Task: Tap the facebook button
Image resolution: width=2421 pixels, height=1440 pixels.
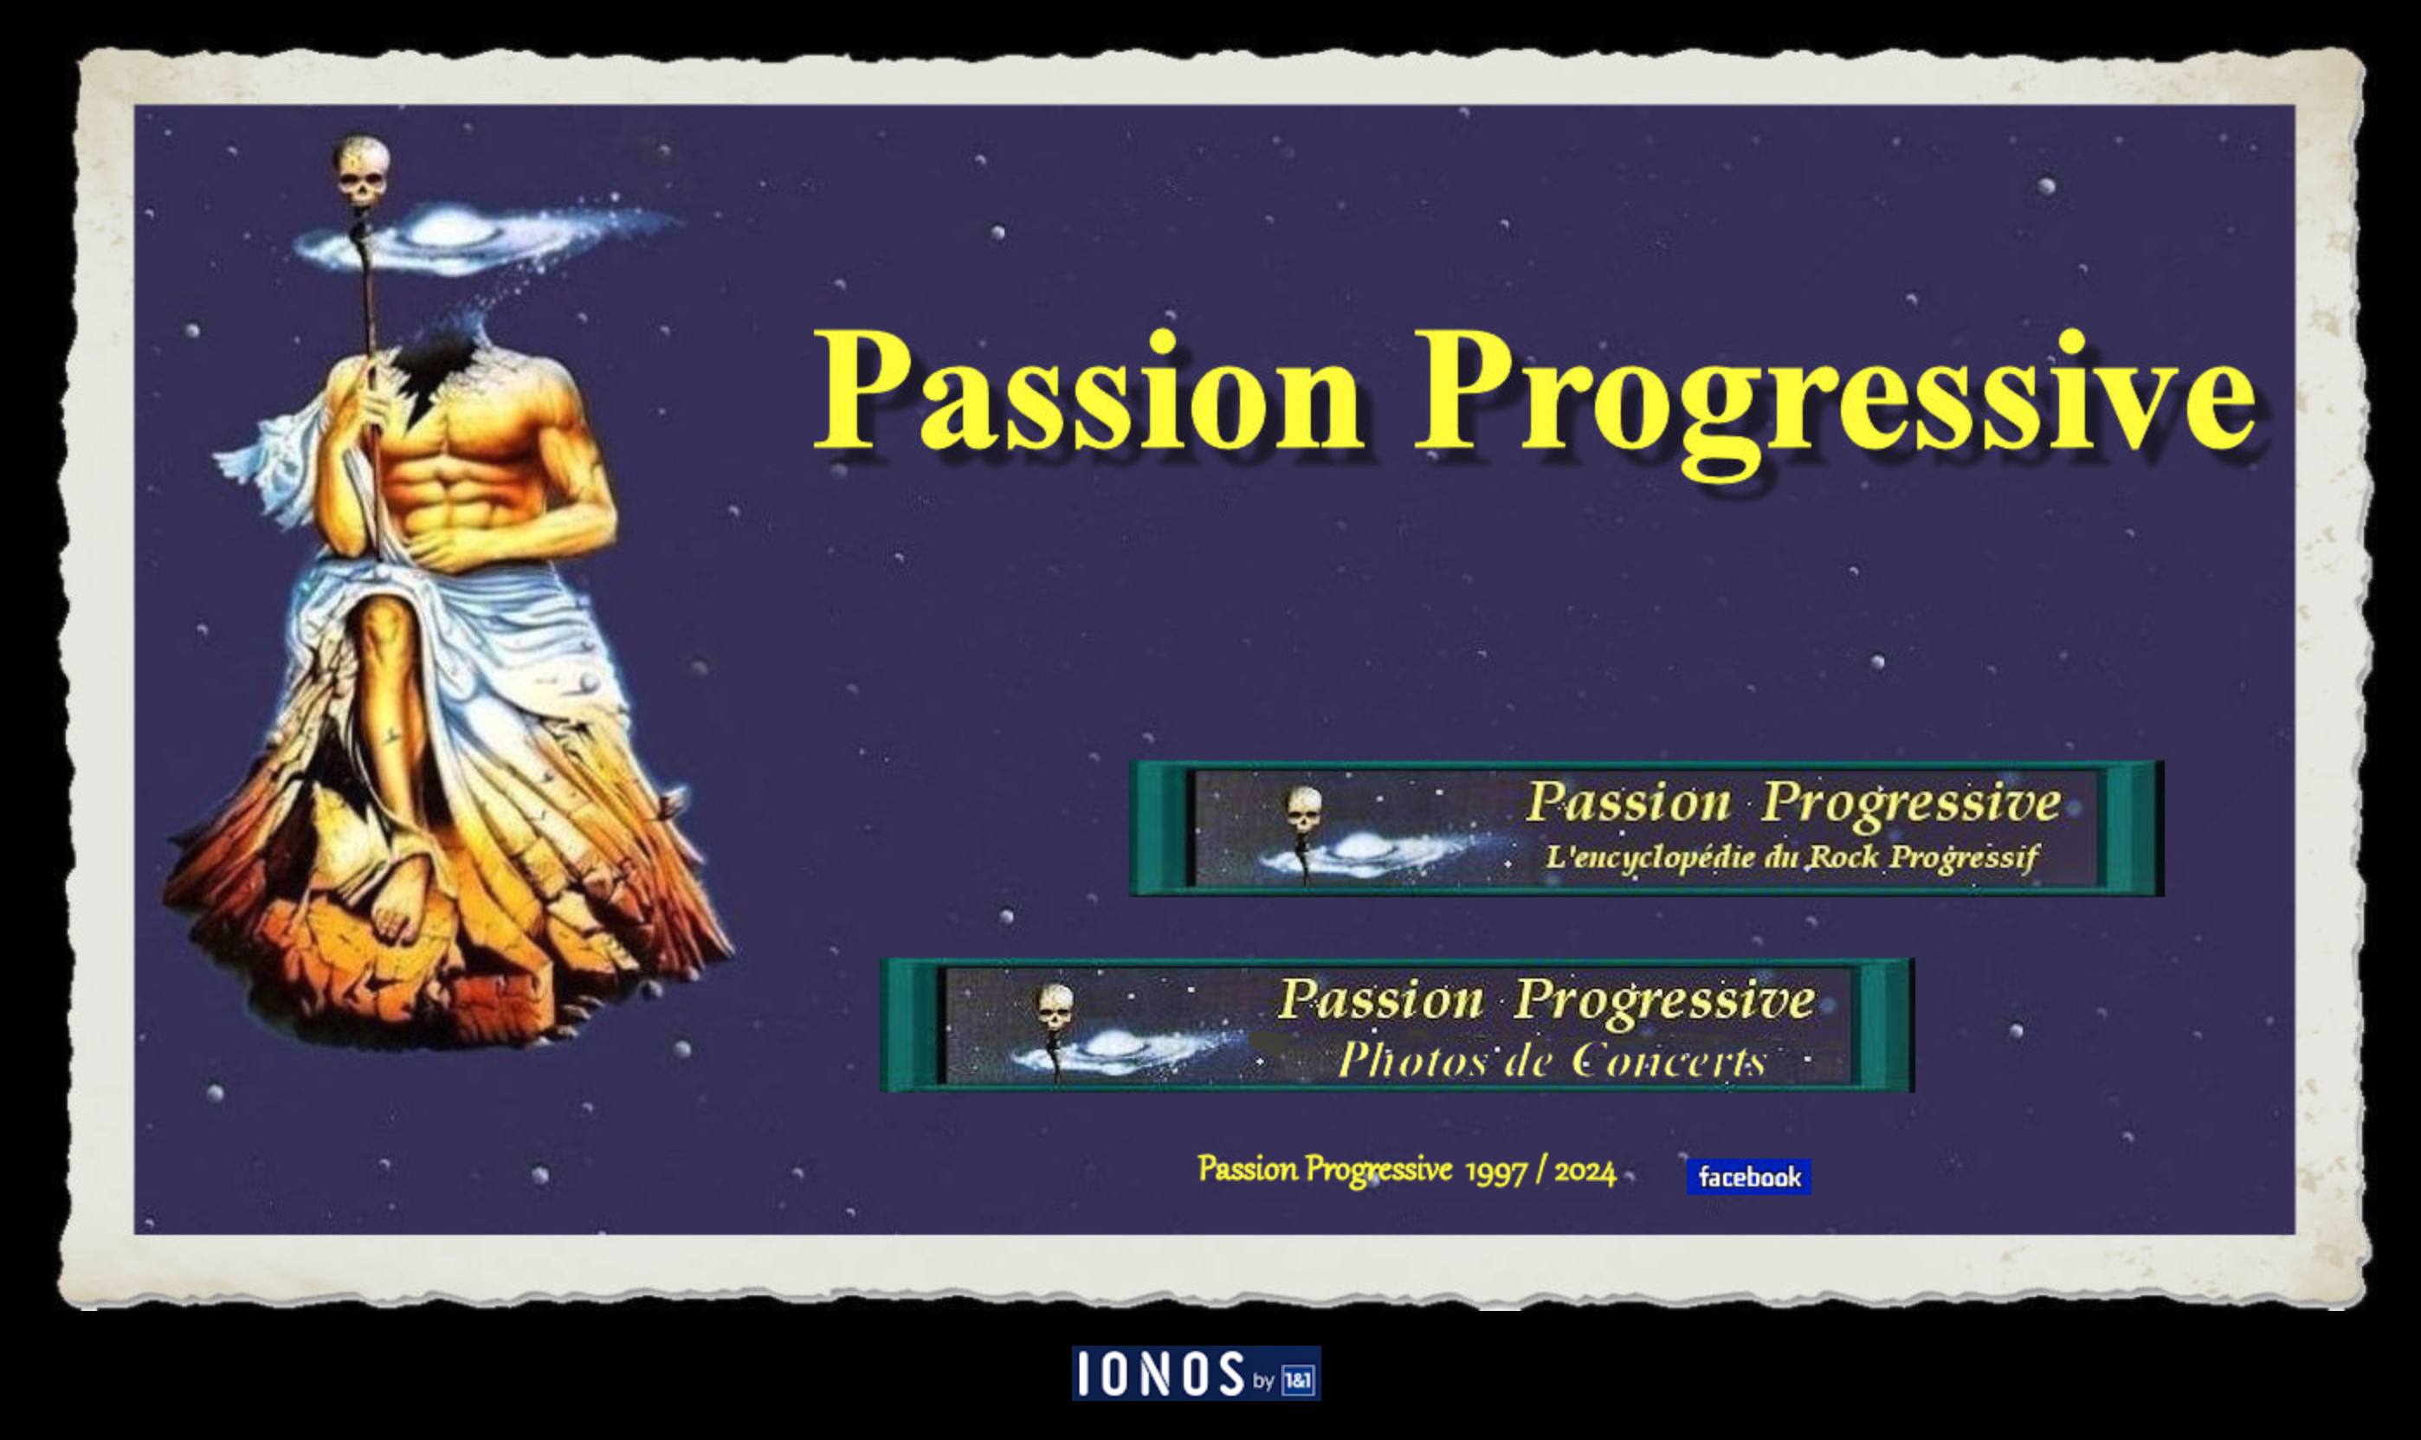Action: pos(1748,1176)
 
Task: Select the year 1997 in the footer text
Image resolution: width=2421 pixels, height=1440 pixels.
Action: pos(1495,1172)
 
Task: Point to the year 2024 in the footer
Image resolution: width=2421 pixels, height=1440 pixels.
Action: pos(1585,1172)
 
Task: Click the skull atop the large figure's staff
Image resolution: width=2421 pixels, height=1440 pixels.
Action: pos(361,171)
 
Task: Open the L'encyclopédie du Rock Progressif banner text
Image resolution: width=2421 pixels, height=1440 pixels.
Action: pos(1792,857)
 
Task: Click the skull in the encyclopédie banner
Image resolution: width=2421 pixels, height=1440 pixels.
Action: pos(1304,810)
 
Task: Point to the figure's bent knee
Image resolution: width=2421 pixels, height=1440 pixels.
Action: pos(384,621)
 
